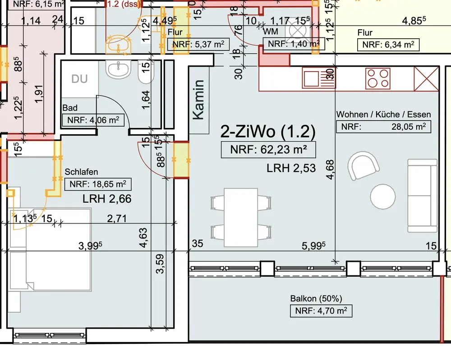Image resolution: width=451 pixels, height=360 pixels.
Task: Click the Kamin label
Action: [x=199, y=100]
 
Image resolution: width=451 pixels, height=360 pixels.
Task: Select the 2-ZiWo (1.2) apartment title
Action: [x=268, y=132]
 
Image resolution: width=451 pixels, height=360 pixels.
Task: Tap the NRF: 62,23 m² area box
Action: [x=268, y=150]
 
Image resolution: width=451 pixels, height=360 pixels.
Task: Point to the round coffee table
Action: [x=382, y=197]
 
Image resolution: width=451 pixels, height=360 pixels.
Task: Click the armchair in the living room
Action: [x=363, y=166]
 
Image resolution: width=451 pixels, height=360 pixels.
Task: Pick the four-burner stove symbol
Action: [x=378, y=78]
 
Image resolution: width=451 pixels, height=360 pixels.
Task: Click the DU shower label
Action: [x=79, y=79]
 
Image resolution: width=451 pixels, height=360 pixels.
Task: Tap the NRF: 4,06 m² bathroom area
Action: [x=93, y=120]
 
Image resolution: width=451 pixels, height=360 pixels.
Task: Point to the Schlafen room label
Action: [x=81, y=172]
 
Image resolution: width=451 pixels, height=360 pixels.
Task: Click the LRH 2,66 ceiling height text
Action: [x=107, y=199]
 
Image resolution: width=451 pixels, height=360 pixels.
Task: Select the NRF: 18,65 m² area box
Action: [x=98, y=184]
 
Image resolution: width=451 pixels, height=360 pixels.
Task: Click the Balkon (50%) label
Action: [x=316, y=299]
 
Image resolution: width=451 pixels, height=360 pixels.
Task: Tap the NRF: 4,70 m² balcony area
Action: [x=321, y=311]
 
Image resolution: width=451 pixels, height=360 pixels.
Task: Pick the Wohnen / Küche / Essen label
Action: [x=384, y=114]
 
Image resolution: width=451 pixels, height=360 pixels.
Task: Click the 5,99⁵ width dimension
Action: [x=313, y=246]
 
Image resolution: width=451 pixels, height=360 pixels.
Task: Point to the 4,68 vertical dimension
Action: [x=330, y=170]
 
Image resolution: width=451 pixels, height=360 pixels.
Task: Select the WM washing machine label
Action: [x=271, y=32]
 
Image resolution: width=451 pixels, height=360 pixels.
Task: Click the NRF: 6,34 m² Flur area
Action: [x=388, y=45]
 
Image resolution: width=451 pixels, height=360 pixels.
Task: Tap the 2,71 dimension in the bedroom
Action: [x=117, y=219]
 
